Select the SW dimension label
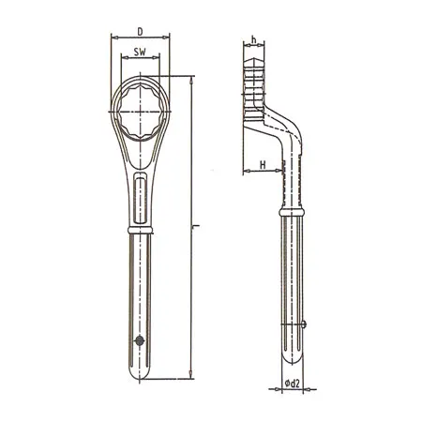point(140,53)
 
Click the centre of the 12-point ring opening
point(140,114)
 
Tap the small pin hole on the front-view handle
point(140,340)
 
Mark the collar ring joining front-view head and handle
point(140,228)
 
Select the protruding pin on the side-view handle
point(309,324)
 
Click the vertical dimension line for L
point(189,281)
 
